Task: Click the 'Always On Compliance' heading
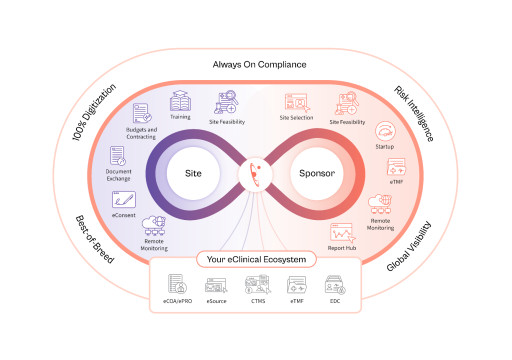[x=258, y=65]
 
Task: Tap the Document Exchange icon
[x=118, y=156]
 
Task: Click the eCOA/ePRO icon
[x=177, y=283]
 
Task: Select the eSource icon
[x=216, y=283]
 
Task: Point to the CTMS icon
[x=256, y=283]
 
